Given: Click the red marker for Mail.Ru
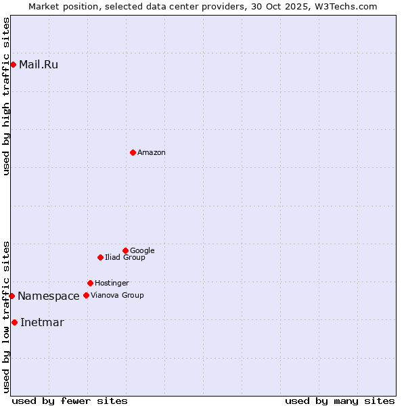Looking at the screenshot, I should [x=13, y=64].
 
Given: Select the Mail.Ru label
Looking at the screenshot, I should [x=39, y=65].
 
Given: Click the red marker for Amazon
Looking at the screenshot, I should [x=133, y=152].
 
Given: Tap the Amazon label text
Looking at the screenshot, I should [x=152, y=153].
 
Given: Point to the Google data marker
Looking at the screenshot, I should [x=125, y=250].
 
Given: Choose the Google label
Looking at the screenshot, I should [x=142, y=251].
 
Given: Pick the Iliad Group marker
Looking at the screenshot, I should [x=100, y=257].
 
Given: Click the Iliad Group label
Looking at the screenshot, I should [x=125, y=258].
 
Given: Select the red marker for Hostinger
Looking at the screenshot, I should [x=90, y=283].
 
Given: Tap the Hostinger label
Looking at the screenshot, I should [x=112, y=284].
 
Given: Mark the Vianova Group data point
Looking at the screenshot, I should [x=86, y=295].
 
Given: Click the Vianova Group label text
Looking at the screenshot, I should [x=117, y=296].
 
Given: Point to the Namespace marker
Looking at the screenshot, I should [x=12, y=296].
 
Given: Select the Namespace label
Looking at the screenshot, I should [x=49, y=296].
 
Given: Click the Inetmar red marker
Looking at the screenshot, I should [x=14, y=322].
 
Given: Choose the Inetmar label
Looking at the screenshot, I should [x=42, y=323].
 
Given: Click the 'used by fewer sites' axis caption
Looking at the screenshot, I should [x=70, y=401].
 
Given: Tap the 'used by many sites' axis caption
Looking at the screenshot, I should [x=340, y=401].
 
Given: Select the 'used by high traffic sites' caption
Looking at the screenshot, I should [x=7, y=96].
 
